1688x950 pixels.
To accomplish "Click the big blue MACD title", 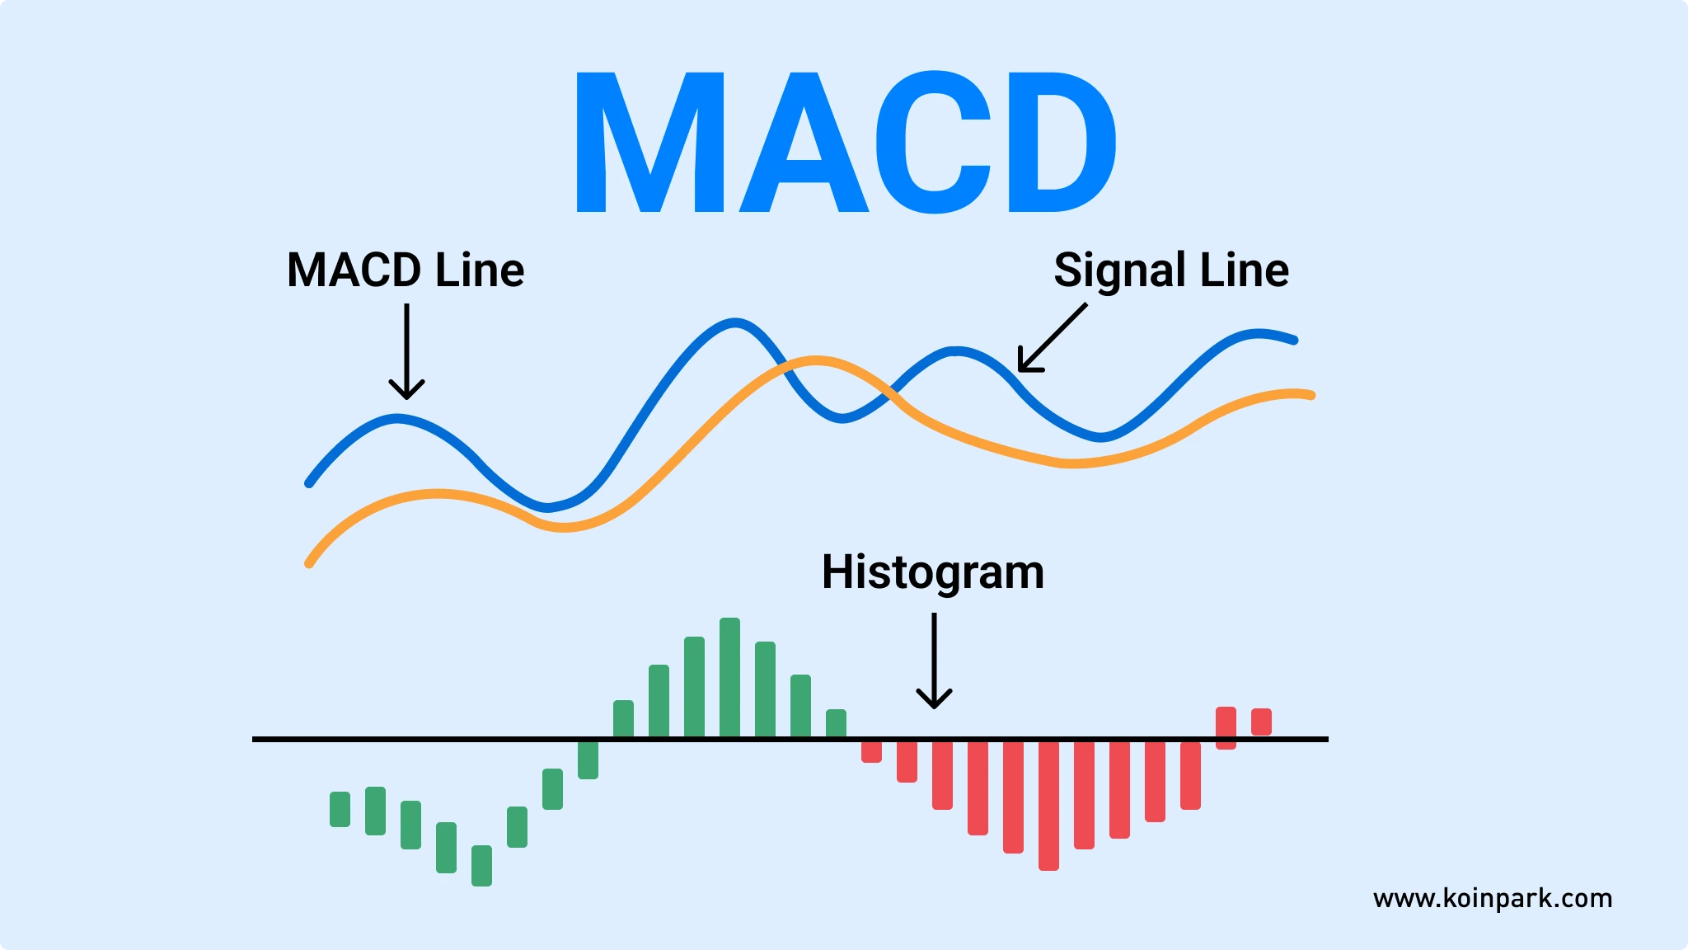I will pos(845,142).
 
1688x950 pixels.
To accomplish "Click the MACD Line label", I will pos(406,270).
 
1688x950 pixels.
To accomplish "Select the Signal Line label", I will pos(1171,270).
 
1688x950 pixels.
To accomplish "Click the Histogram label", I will pos(933,572).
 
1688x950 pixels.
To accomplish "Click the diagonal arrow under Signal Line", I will pos(1052,338).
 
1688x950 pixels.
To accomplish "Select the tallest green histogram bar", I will pos(729,678).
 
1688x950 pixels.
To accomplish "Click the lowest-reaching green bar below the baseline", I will pos(481,865).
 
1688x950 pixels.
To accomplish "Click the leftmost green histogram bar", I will pos(340,809).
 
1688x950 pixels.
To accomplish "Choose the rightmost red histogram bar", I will pos(1261,722).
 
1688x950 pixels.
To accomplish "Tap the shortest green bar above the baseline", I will pos(836,724).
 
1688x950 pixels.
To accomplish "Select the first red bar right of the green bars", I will pos(871,750).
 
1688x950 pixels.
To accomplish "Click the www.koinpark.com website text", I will pos(1493,898).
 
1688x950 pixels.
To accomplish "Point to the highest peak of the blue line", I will pos(734,322).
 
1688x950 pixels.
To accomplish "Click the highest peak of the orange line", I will pos(815,360).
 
